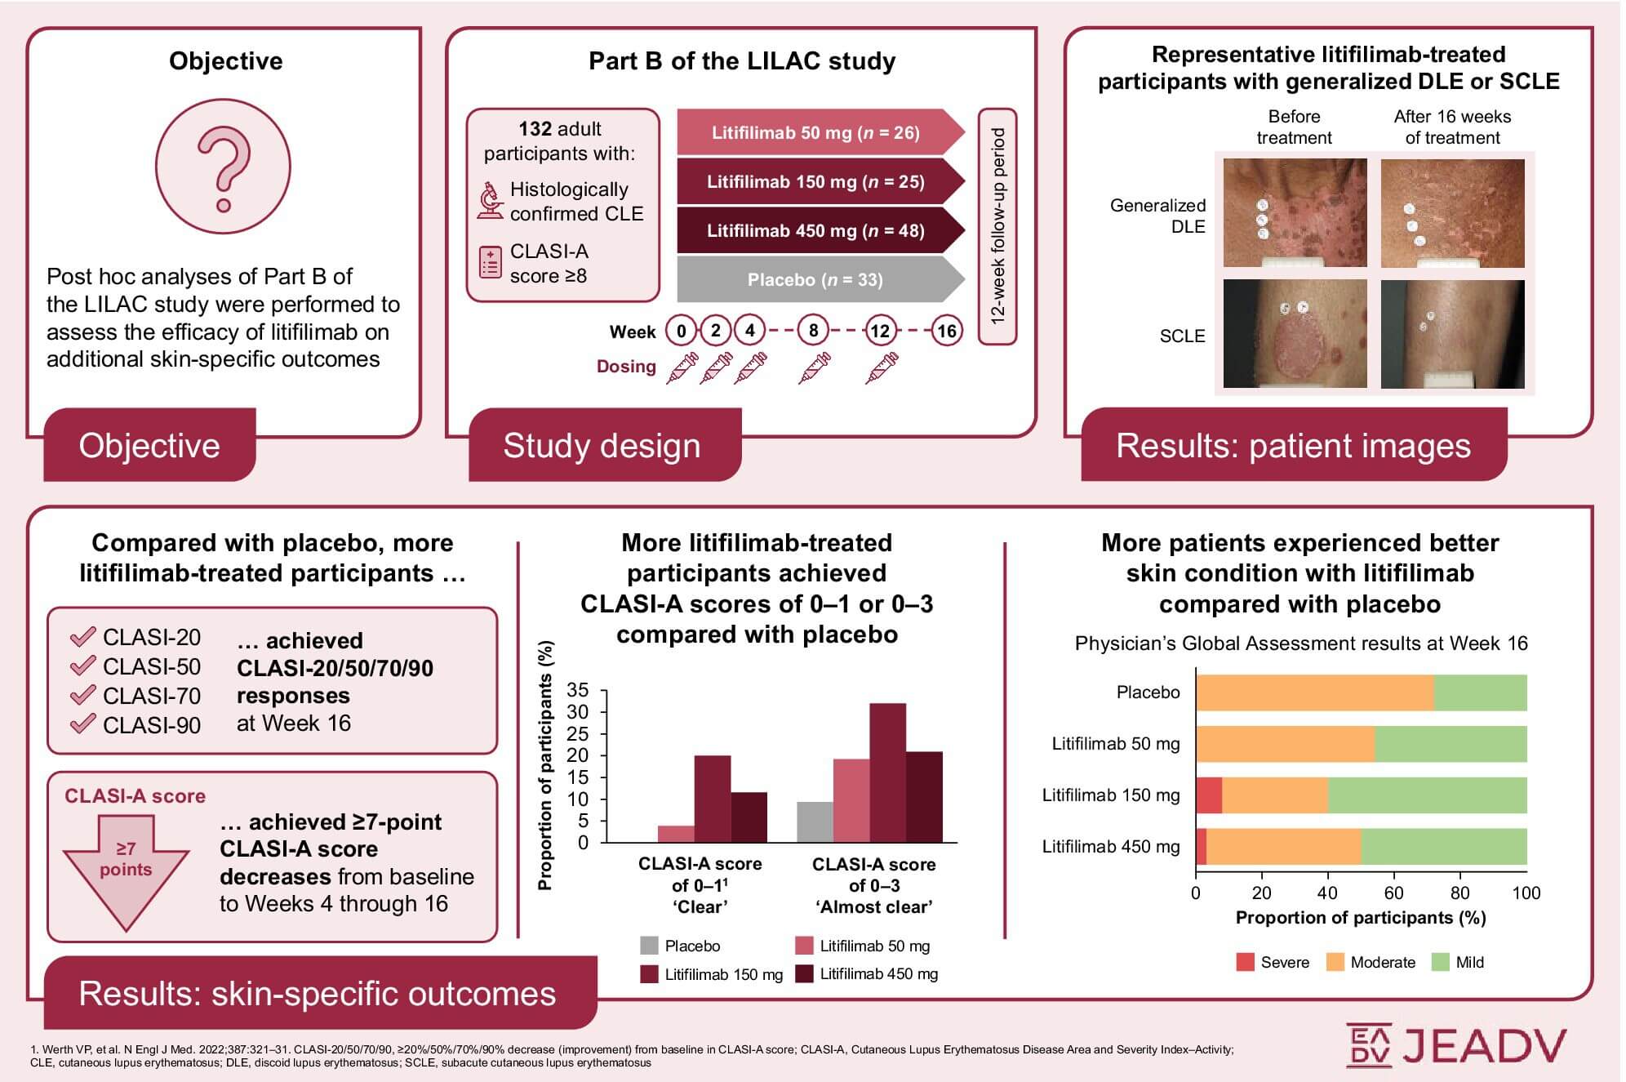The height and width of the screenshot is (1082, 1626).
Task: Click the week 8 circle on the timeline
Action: click(813, 331)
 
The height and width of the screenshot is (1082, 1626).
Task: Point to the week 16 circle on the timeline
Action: click(946, 331)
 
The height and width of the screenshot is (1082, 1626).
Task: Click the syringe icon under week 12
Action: click(882, 368)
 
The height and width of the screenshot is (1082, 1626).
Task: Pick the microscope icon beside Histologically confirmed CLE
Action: click(490, 201)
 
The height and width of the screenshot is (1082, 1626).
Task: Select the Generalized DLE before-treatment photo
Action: click(1294, 213)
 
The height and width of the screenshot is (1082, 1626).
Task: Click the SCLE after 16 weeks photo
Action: click(1452, 334)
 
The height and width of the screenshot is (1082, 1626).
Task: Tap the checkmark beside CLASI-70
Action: click(82, 695)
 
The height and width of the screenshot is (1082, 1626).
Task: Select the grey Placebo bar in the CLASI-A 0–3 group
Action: click(814, 822)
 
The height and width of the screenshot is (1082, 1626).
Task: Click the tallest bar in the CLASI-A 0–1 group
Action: click(712, 799)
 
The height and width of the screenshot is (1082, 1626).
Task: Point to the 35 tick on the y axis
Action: click(578, 690)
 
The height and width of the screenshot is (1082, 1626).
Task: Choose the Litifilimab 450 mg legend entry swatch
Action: click(805, 973)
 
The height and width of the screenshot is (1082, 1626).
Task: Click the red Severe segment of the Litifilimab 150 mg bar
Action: click(1209, 795)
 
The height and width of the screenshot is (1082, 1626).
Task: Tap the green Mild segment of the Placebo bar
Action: click(1480, 692)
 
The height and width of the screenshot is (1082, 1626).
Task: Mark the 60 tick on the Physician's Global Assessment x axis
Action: click(1394, 893)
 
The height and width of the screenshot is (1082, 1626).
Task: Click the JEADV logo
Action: click(1456, 1046)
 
